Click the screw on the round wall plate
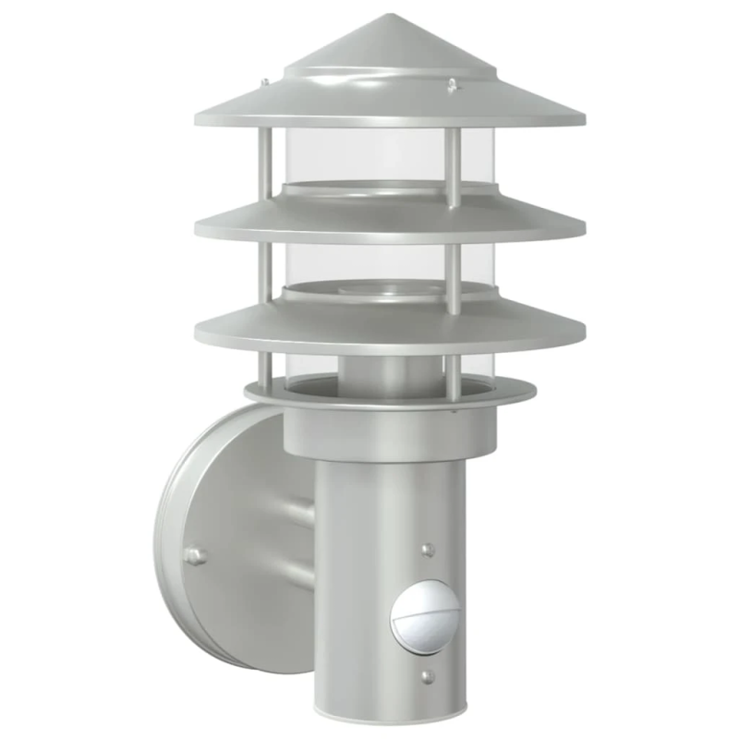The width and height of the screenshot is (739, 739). coord(194,555)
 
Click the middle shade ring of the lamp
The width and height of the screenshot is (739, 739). coord(388,222)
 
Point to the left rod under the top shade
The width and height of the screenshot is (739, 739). coord(266,162)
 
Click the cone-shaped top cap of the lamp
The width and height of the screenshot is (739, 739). coord(388,55)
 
